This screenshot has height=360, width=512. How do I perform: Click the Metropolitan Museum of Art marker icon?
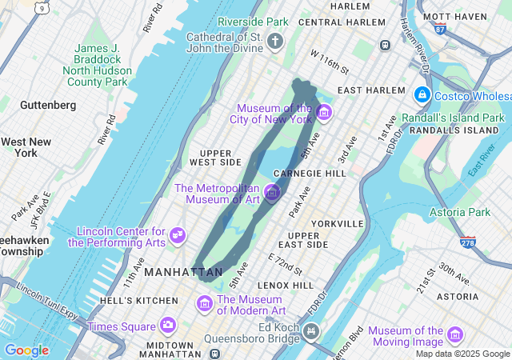271,193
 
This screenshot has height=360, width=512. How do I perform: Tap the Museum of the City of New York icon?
323,113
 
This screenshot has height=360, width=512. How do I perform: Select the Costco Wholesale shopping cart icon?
422,94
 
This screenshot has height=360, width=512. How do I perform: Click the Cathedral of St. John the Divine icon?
276,41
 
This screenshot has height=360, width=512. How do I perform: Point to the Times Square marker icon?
167,325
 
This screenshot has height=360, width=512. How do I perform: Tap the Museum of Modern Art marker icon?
204,304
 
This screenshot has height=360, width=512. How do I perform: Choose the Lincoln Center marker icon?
178,236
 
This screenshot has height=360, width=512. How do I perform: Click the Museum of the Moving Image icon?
455,334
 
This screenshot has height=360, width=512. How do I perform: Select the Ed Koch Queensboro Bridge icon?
311,330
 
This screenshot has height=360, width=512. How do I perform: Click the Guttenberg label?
48,105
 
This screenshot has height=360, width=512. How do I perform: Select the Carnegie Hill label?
310,173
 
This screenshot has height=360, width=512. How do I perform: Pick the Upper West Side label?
215,157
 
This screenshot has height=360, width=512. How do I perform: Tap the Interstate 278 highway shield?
468,241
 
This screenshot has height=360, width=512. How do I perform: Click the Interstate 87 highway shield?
441,29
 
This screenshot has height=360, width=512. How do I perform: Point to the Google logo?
26,350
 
